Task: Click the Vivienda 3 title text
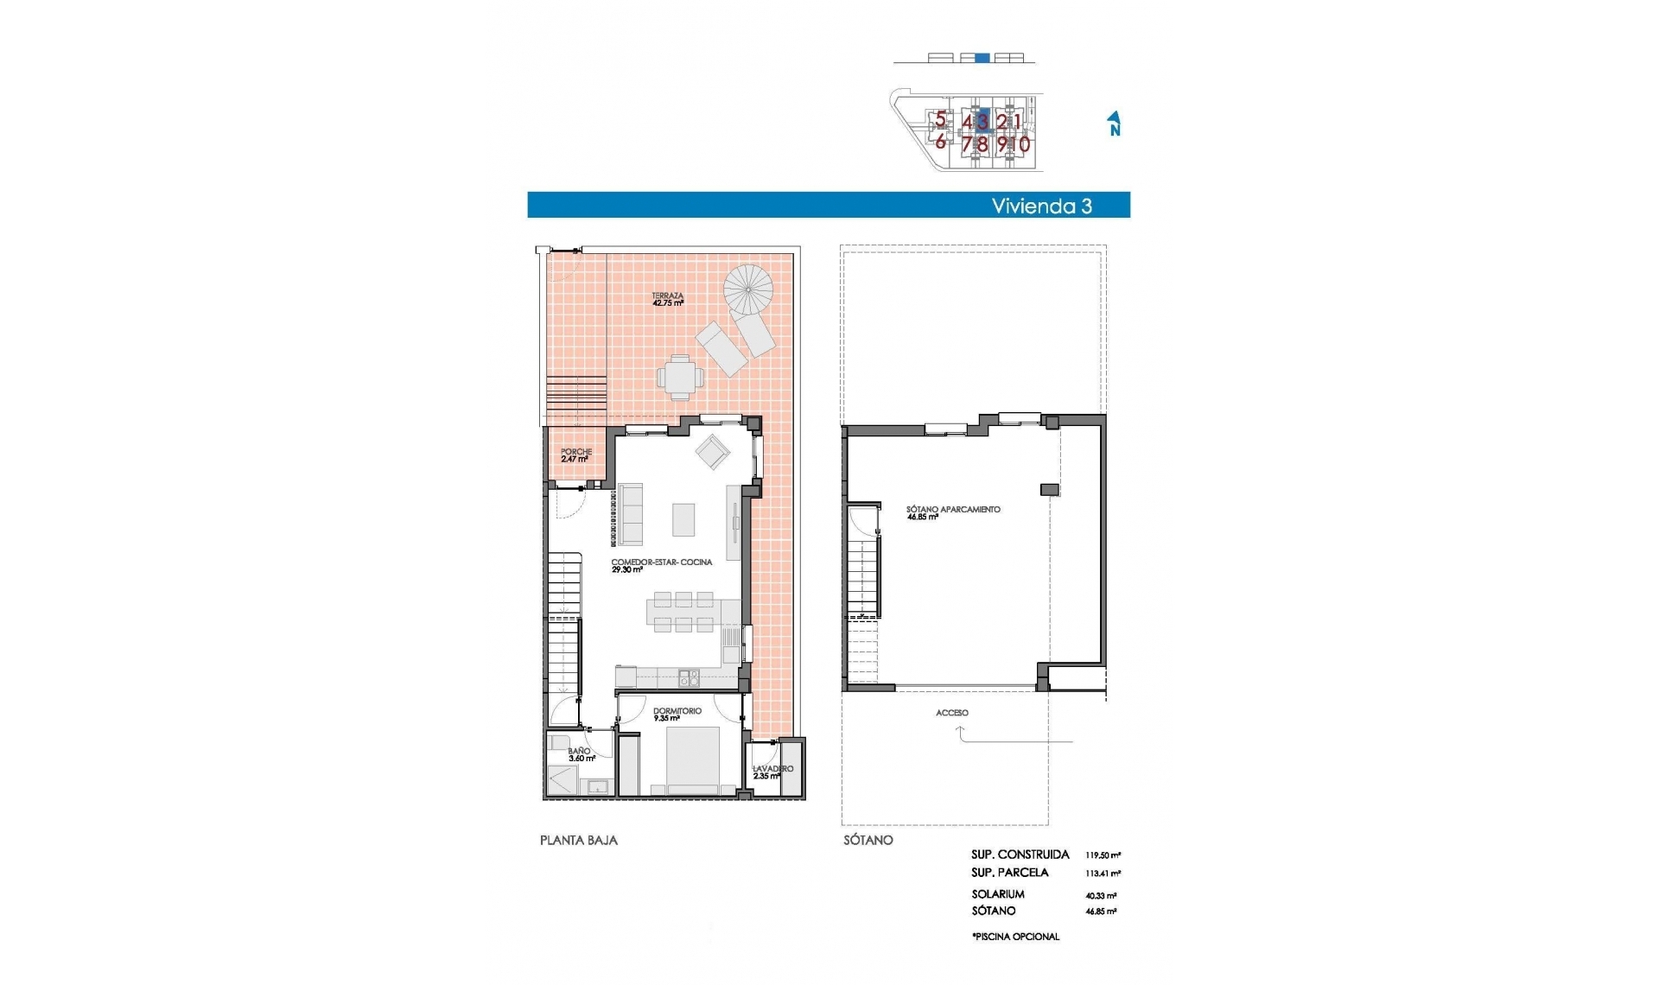1041,206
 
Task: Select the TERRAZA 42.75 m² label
668,300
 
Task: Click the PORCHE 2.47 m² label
575,455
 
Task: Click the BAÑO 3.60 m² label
581,755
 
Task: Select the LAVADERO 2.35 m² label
772,772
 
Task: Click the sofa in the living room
629,515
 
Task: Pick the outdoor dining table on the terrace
680,378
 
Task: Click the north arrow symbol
1115,124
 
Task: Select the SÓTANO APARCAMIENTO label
953,512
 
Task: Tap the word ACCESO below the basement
952,713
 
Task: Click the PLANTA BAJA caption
579,840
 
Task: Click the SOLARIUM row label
997,894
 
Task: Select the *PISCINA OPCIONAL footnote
1014,937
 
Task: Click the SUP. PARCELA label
1009,873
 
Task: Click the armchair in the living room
714,451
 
